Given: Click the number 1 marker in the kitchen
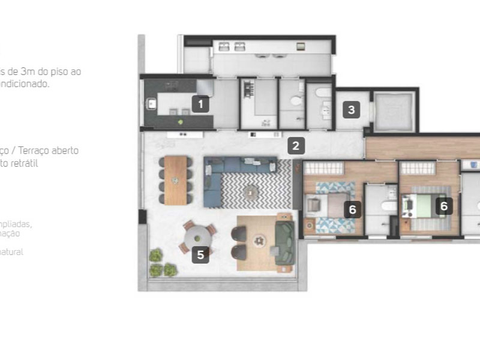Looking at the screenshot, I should [200, 104].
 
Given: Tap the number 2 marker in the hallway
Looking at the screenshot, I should [295, 145].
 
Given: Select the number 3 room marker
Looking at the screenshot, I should [352, 110].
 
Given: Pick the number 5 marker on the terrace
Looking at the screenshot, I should [200, 254].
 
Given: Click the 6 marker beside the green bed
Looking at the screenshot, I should [443, 206].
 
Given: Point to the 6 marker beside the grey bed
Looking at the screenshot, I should [353, 209].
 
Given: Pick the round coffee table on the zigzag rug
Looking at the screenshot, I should [250, 192].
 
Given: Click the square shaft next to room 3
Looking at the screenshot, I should [393, 110].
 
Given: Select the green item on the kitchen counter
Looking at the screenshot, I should [180, 121].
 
